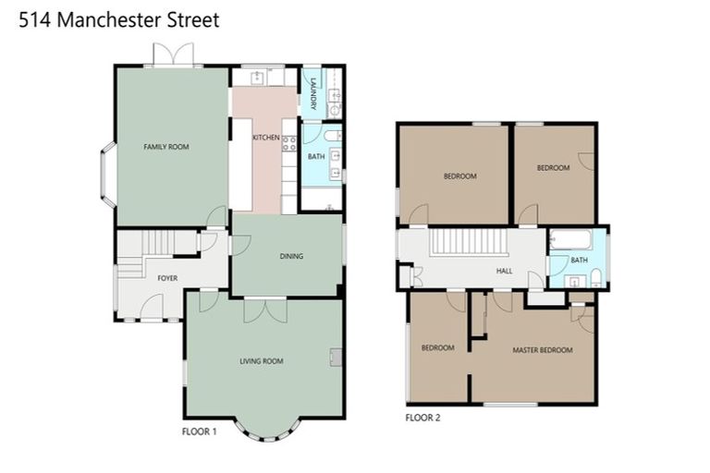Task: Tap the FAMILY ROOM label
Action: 165,147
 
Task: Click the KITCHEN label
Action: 265,138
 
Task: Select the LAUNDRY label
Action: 313,92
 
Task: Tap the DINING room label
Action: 291,256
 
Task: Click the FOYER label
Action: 166,277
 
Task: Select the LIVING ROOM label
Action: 261,360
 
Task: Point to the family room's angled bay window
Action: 107,174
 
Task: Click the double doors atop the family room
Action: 174,55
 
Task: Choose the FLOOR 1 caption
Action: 199,431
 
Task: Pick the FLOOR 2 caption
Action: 423,418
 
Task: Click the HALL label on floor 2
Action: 505,272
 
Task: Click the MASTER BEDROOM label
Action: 543,350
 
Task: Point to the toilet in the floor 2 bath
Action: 596,275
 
